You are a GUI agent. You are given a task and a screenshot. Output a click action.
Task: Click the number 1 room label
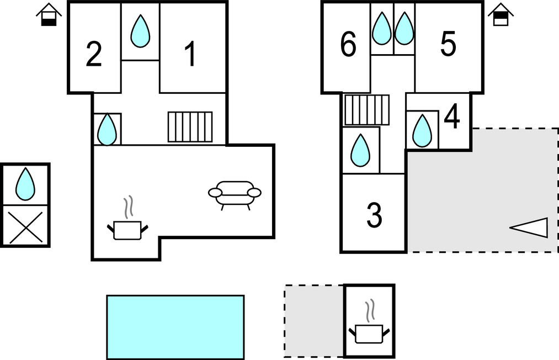(x=191, y=54)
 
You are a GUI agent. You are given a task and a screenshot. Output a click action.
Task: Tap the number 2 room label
(x=94, y=54)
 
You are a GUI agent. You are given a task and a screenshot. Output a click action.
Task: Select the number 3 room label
(x=374, y=215)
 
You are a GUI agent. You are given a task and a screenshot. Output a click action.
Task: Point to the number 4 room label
(x=452, y=117)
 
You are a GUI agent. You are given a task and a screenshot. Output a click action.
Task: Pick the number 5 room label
(x=448, y=44)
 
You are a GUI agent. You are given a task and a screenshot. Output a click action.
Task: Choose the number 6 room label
(x=348, y=44)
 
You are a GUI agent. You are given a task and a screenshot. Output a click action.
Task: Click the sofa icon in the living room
(x=235, y=195)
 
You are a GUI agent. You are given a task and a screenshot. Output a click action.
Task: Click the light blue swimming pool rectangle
(x=175, y=327)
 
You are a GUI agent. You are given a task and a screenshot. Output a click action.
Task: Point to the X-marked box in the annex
(x=25, y=226)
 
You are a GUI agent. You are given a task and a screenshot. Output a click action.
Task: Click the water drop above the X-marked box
(x=25, y=184)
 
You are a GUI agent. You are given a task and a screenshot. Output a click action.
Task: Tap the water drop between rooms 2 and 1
(x=140, y=31)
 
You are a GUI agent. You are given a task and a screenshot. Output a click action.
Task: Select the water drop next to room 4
(x=422, y=131)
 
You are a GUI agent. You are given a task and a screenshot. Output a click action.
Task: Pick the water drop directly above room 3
(x=360, y=150)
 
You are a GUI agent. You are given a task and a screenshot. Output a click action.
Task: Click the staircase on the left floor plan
(x=190, y=127)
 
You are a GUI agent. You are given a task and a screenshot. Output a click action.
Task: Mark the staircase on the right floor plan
(x=366, y=110)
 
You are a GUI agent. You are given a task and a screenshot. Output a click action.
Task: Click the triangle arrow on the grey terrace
(x=529, y=227)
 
